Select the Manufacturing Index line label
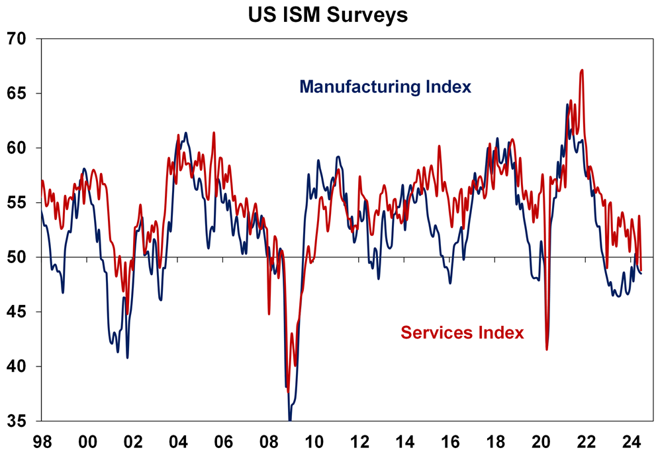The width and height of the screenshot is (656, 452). pyautogui.click(x=385, y=87)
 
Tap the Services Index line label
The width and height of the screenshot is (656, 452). pyautogui.click(x=461, y=333)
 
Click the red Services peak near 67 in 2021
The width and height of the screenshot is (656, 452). pyautogui.click(x=581, y=70)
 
